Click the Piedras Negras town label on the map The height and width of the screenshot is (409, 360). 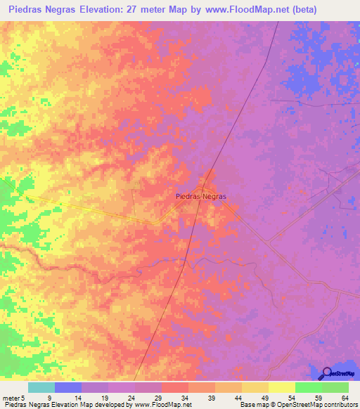pos(200,197)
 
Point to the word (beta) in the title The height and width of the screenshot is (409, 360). pos(301,10)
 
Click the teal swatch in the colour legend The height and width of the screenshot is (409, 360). pos(41,387)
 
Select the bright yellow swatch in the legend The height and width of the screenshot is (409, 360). pos(281,387)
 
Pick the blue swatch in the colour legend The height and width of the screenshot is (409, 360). pos(67,387)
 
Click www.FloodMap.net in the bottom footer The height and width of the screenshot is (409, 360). pos(162,405)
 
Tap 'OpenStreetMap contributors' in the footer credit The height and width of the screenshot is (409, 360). pos(319,405)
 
